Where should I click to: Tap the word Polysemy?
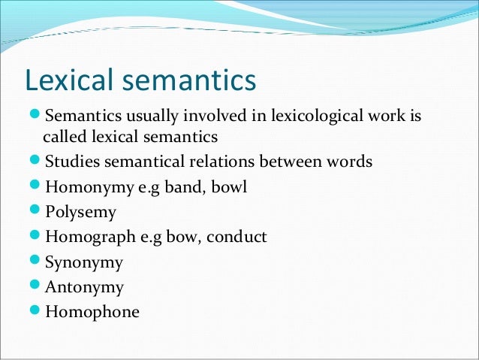pos(80,212)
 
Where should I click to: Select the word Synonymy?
pos(84,262)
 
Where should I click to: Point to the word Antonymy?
pos(84,287)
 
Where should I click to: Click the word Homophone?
pos(92,312)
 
